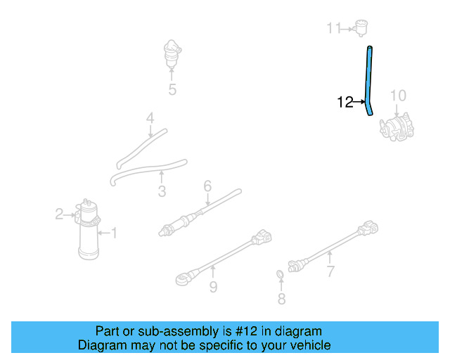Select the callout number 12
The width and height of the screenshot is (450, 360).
pyautogui.click(x=345, y=103)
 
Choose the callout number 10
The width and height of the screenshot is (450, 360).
pyautogui.click(x=398, y=96)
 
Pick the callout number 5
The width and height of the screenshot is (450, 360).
pyautogui.click(x=172, y=89)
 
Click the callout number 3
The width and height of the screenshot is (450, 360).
pyautogui.click(x=162, y=191)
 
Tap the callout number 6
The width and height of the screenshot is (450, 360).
pyautogui.click(x=207, y=186)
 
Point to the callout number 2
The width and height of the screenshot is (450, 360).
pyautogui.click(x=60, y=214)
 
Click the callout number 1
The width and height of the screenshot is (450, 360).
pyautogui.click(x=114, y=232)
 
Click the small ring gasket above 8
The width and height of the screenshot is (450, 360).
pyautogui.click(x=280, y=274)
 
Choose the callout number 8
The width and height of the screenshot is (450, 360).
pyautogui.click(x=281, y=300)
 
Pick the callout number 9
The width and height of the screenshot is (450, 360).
pyautogui.click(x=212, y=286)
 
